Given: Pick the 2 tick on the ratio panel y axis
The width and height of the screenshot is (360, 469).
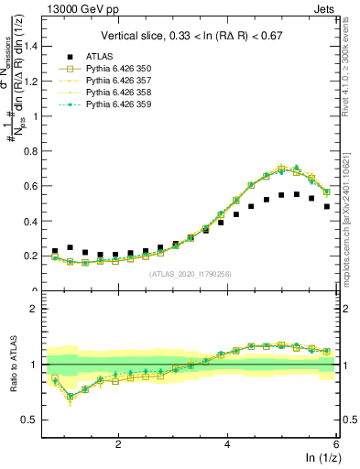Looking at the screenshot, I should pos(38,309).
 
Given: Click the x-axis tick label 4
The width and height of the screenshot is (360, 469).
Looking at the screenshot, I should pos(227,445).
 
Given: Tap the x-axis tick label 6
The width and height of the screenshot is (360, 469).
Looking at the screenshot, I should pos(336,445).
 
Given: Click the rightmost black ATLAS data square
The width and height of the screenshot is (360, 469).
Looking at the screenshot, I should pos(327,207).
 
